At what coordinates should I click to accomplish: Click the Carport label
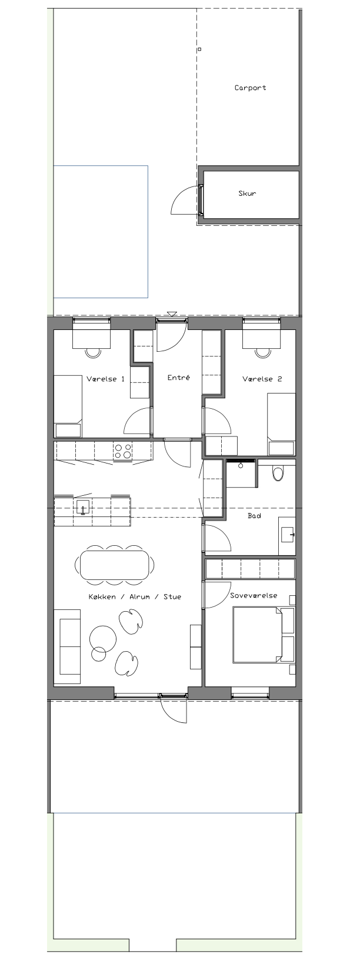[x=251, y=88]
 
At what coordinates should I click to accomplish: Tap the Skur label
[x=247, y=194]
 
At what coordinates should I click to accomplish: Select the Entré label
[x=179, y=377]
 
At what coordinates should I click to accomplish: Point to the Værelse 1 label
[x=106, y=379]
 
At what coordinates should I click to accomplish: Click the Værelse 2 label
[x=262, y=379]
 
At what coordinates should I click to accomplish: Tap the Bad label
[x=254, y=515]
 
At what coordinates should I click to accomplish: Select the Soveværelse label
[x=254, y=595]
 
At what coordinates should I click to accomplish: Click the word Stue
[x=172, y=596]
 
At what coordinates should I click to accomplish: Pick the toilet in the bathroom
[x=278, y=474]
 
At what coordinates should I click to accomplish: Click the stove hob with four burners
[x=122, y=451]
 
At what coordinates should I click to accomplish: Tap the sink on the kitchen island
[x=83, y=506]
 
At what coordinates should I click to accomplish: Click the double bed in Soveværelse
[x=264, y=635]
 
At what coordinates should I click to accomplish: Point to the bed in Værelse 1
[x=68, y=406]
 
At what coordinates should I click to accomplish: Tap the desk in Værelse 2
[x=262, y=339]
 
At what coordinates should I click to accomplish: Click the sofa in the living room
[x=67, y=646]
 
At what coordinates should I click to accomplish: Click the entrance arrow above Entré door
[x=172, y=314]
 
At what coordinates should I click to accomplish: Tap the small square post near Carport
[x=200, y=49]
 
